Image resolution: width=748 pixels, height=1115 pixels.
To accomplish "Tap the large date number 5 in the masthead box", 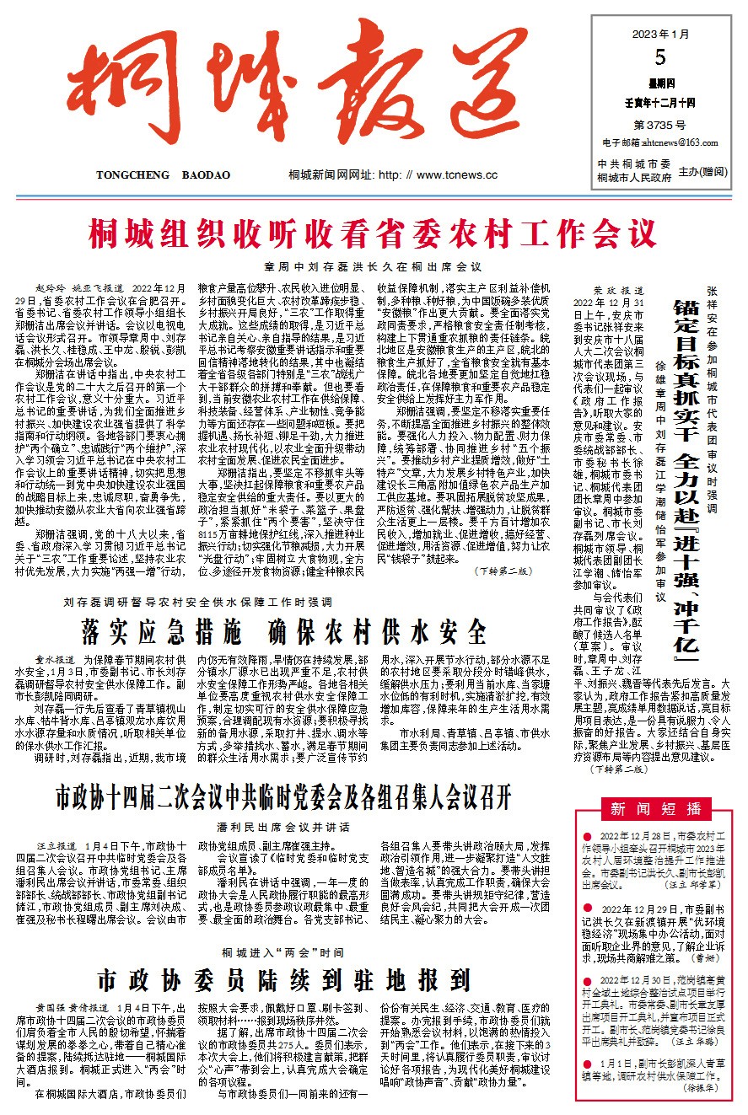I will point(659,57).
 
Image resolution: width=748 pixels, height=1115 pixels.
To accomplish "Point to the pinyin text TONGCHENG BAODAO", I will point(163,175).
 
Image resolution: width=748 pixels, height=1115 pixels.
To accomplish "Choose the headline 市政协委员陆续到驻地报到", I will point(283,979).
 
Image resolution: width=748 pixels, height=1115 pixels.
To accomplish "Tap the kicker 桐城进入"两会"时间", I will point(283,952).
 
